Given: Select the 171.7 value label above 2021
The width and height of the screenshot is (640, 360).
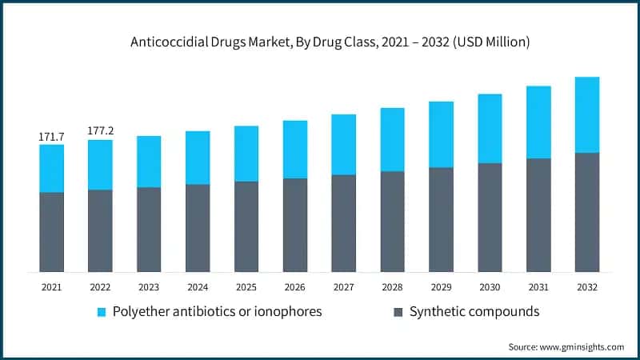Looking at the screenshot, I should click(x=51, y=137).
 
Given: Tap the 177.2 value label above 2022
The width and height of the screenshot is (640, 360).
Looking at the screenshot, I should click(x=100, y=131).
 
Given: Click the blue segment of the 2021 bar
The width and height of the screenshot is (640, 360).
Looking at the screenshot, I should click(x=51, y=168).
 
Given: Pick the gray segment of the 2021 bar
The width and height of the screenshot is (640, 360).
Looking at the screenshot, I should click(x=51, y=232).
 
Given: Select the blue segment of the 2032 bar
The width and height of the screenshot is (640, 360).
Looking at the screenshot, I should click(x=587, y=114).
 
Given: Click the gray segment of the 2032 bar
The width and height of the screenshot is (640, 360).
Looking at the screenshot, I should click(x=587, y=212).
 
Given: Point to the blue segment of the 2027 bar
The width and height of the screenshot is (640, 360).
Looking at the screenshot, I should click(x=344, y=144).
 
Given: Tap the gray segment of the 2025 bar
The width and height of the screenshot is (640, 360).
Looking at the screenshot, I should click(x=246, y=226).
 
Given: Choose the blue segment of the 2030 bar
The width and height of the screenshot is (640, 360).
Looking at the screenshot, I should click(x=490, y=128).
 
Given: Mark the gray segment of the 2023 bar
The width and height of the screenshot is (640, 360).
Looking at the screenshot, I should click(x=149, y=230).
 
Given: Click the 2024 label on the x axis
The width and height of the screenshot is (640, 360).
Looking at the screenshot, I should click(x=198, y=286).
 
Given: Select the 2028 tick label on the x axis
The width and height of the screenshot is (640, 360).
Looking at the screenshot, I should click(x=392, y=286).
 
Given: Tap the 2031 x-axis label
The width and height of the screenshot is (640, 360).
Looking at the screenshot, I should click(x=538, y=286).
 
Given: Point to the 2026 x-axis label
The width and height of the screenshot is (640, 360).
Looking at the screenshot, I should click(x=295, y=286).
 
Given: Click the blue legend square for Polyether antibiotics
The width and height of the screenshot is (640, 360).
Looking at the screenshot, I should click(x=102, y=311).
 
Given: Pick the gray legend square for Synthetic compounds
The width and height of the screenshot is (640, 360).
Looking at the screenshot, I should click(x=398, y=311).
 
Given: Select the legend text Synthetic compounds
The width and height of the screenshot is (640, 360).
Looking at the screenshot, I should click(x=474, y=311).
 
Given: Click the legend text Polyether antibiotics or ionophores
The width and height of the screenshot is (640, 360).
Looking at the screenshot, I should click(x=218, y=311).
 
